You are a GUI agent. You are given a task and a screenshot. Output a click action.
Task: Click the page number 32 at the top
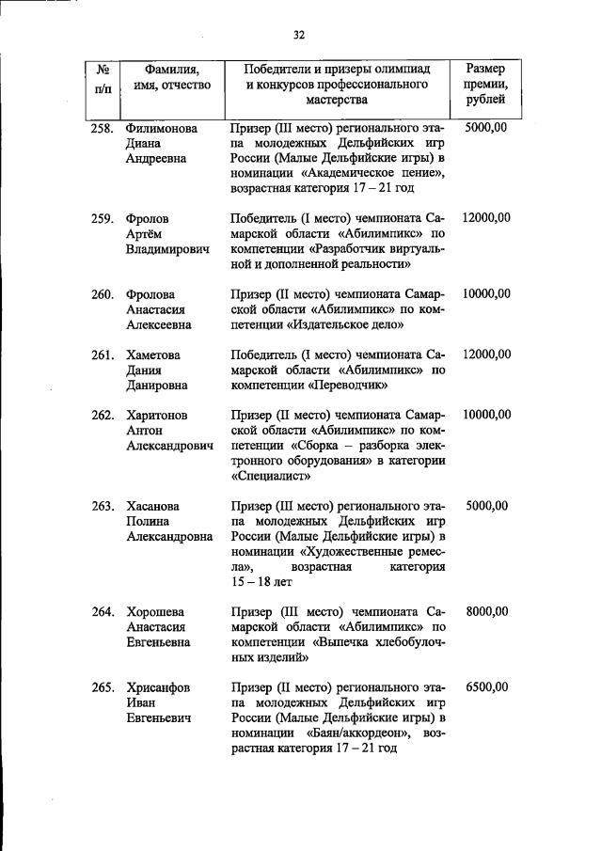click(299, 35)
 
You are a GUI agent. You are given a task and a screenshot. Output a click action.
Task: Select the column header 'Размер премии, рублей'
click(485, 84)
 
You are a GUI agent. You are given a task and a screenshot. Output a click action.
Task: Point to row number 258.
click(103, 127)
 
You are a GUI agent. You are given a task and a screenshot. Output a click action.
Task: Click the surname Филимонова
click(164, 127)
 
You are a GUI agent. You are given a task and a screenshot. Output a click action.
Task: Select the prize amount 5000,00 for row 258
click(486, 127)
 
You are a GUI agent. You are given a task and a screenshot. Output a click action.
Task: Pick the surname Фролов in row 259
click(148, 218)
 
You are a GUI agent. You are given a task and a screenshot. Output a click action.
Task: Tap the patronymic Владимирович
click(167, 250)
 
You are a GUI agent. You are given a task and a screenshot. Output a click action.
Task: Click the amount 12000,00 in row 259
click(486, 218)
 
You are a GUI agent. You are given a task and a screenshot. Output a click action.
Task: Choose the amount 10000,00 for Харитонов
click(486, 415)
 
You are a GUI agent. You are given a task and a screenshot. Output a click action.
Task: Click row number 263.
click(103, 506)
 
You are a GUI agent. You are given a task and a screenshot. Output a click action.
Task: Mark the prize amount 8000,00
click(486, 612)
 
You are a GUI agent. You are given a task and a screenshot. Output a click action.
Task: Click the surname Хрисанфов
click(159, 687)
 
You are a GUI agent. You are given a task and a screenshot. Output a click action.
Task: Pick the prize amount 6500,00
click(486, 687)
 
